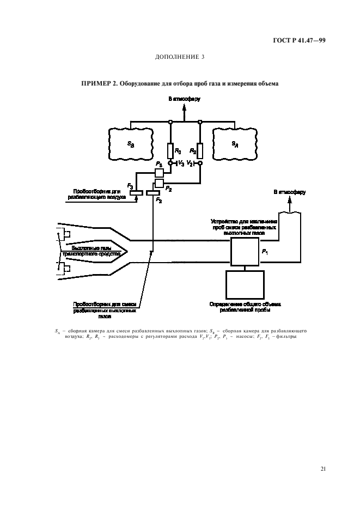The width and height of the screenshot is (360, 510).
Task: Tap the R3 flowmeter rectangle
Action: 170,150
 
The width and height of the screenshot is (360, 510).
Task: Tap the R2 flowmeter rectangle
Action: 200,150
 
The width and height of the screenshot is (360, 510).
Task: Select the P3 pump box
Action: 159,173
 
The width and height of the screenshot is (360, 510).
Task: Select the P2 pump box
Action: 159,182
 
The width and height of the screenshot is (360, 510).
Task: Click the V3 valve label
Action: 181,163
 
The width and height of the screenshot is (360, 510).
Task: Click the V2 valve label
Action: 189,163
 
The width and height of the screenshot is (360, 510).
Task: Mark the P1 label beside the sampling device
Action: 265,252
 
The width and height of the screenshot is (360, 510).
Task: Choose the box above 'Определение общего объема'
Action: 245,284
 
